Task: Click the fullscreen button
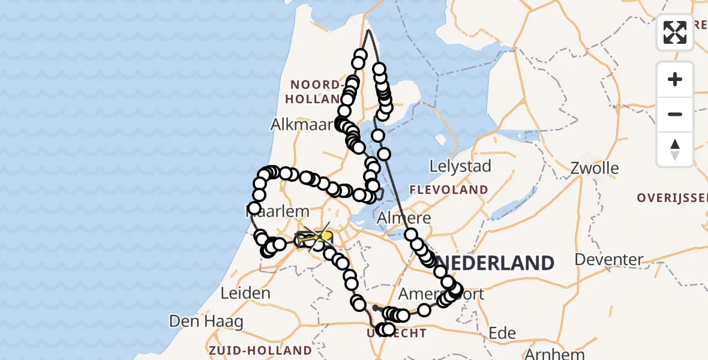(675, 32)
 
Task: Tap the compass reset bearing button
(675, 149)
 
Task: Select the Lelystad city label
(461, 166)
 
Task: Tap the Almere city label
(403, 218)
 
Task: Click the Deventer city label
(609, 260)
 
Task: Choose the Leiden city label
(245, 293)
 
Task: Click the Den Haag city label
(206, 322)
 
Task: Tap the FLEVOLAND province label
(449, 190)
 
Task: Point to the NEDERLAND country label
(494, 263)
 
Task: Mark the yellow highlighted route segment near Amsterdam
(314, 239)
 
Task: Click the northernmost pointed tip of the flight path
(368, 30)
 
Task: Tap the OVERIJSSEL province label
(672, 198)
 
